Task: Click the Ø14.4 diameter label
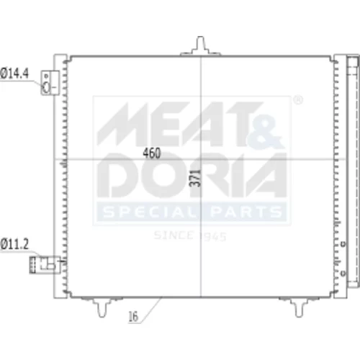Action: click(x=14, y=73)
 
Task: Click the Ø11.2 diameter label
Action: click(x=14, y=244)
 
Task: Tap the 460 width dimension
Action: click(x=152, y=153)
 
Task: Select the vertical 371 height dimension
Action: click(x=195, y=178)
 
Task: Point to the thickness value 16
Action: click(x=133, y=316)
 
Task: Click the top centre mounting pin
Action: click(x=200, y=46)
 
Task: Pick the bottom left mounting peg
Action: click(x=102, y=307)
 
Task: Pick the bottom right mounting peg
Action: click(x=299, y=307)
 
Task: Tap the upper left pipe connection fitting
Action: click(x=50, y=83)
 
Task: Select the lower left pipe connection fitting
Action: click(x=45, y=265)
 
